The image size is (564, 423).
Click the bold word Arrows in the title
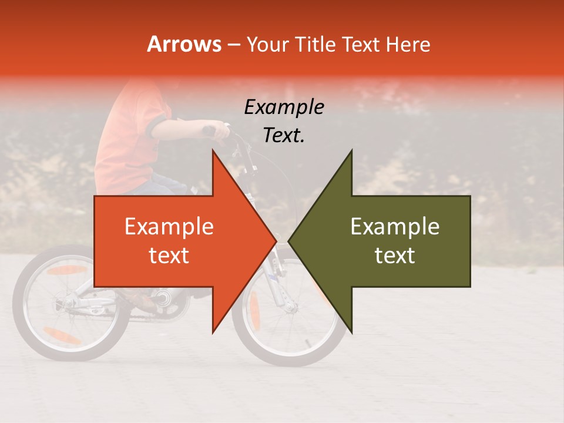pyautogui.click(x=184, y=44)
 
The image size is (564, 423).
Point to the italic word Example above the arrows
pyautogui.click(x=284, y=108)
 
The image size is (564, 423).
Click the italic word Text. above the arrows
pyautogui.click(x=284, y=136)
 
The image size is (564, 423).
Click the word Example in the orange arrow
pyautogui.click(x=169, y=227)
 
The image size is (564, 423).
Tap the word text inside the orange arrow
pyautogui.click(x=169, y=255)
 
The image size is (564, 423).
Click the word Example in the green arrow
pyautogui.click(x=395, y=227)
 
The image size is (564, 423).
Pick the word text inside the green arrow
pyautogui.click(x=395, y=255)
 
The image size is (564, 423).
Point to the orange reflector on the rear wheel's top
pyautogui.click(x=66, y=270)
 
